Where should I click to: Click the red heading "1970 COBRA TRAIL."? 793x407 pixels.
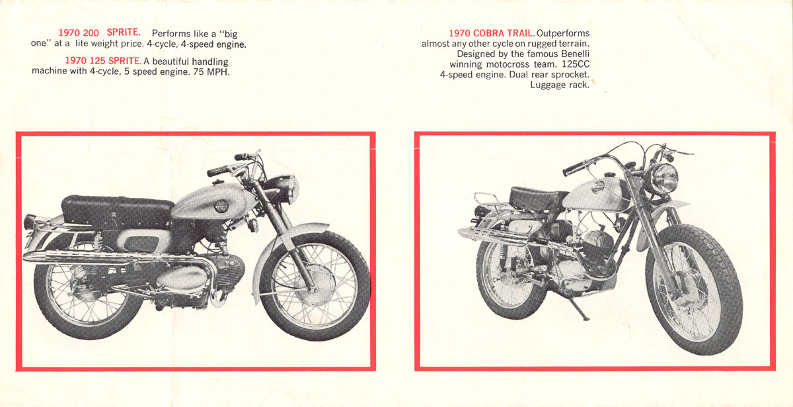pos(492,33)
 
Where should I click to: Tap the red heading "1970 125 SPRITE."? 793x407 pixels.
pos(103,61)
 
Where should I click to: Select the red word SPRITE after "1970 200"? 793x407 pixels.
pos(124,32)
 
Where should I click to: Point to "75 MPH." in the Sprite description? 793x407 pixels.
pos(211,72)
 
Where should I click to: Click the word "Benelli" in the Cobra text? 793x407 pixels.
pos(576,54)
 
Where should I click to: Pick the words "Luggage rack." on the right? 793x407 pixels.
pos(560,85)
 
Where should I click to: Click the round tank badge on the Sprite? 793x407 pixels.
pos(221,206)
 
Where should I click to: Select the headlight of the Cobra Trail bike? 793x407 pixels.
pos(665,179)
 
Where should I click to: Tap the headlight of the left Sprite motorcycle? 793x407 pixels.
pos(287,189)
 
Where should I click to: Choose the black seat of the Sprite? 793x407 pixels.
pos(117,212)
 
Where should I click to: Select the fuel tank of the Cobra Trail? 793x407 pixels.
pos(595,195)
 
